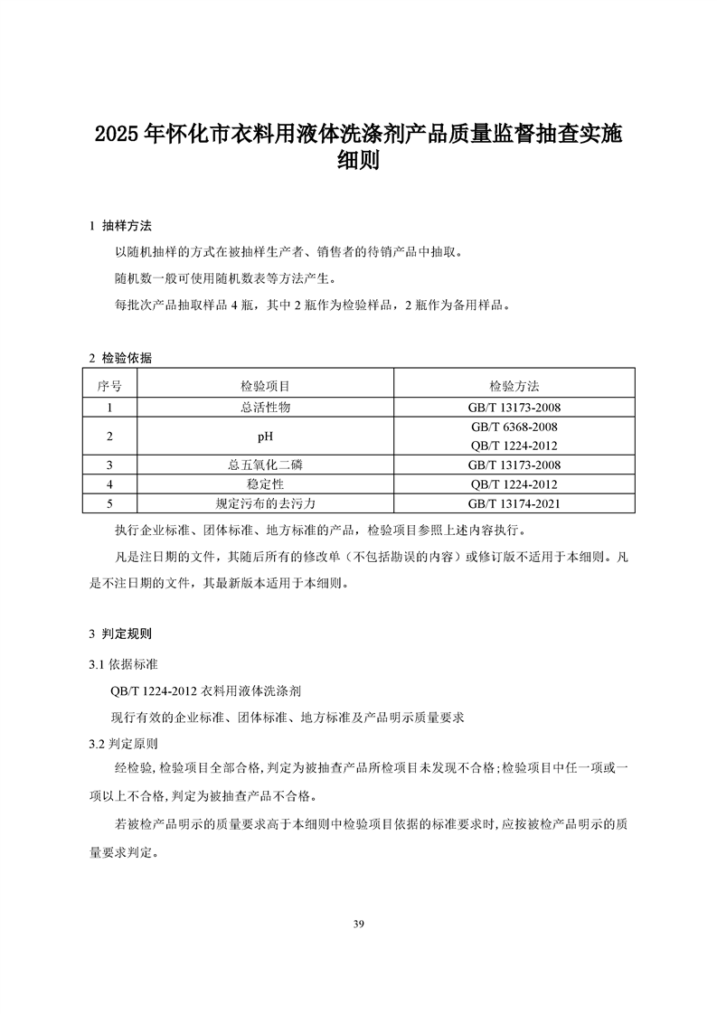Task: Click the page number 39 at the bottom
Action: [x=359, y=924]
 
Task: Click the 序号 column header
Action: [x=109, y=386]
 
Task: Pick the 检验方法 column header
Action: [x=514, y=386]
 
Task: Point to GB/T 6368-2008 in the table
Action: [x=514, y=427]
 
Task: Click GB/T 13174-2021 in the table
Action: [x=514, y=503]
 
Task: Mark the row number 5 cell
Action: [x=109, y=503]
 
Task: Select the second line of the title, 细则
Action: [x=358, y=163]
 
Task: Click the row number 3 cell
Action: [x=109, y=465]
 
